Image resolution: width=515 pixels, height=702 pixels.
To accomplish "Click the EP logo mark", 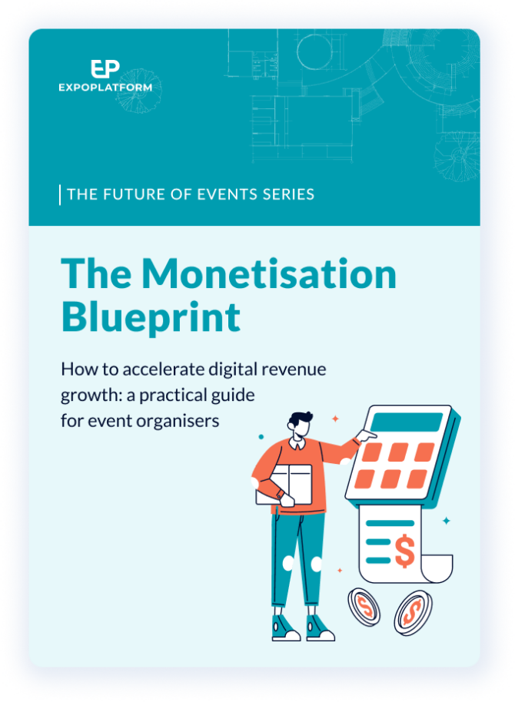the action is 105,69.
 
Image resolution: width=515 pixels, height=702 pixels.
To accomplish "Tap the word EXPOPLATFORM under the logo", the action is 105,88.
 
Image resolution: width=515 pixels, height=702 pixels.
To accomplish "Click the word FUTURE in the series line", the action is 134,194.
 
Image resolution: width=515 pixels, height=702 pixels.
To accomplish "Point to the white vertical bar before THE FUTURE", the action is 60,195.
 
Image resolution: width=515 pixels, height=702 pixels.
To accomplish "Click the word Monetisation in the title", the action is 269,273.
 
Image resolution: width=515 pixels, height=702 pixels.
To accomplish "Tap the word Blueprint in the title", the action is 151,318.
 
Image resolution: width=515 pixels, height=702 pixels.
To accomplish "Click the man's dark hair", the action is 300,419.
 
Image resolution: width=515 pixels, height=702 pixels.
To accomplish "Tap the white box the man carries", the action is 284,485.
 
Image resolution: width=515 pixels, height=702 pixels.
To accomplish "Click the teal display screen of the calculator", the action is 407,422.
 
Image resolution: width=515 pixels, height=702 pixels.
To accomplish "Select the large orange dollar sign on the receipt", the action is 405,551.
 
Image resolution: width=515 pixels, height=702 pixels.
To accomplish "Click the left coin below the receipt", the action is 364,607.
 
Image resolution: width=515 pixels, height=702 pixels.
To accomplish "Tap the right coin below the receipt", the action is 413,612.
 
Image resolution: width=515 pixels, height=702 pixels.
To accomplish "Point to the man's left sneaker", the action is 285,628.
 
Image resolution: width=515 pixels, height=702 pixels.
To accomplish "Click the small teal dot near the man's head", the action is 261,436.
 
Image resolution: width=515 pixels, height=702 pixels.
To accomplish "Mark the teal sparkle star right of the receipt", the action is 447,520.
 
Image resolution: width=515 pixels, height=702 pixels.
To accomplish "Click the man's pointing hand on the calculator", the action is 366,435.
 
